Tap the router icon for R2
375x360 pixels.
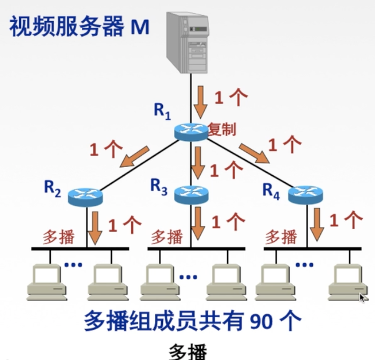[85, 197]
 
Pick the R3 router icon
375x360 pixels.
[191, 194]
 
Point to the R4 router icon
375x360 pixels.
[306, 194]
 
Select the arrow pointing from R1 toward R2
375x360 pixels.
[134, 156]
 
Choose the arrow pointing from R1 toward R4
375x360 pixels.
[254, 154]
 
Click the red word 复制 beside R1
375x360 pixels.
[222, 129]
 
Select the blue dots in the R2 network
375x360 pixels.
[73, 265]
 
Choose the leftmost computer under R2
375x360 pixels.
[46, 282]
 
